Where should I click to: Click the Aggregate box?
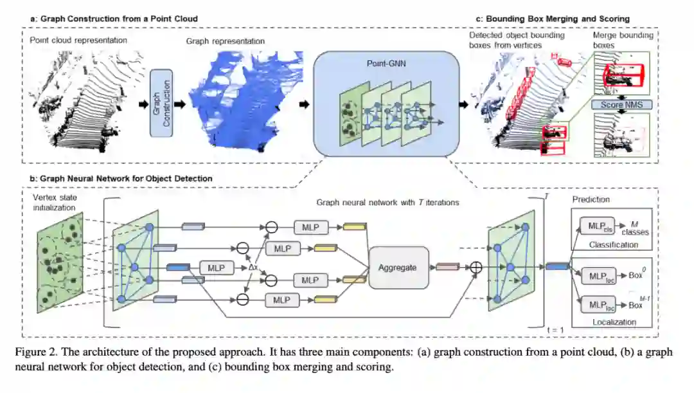pos(398,267)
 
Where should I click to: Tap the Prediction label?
pos(591,199)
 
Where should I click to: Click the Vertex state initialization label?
pos(57,204)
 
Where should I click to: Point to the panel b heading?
pos(121,178)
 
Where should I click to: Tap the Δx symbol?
pos(255,266)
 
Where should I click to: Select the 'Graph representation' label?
pos(225,41)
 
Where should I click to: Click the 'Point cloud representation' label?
pos(78,41)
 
